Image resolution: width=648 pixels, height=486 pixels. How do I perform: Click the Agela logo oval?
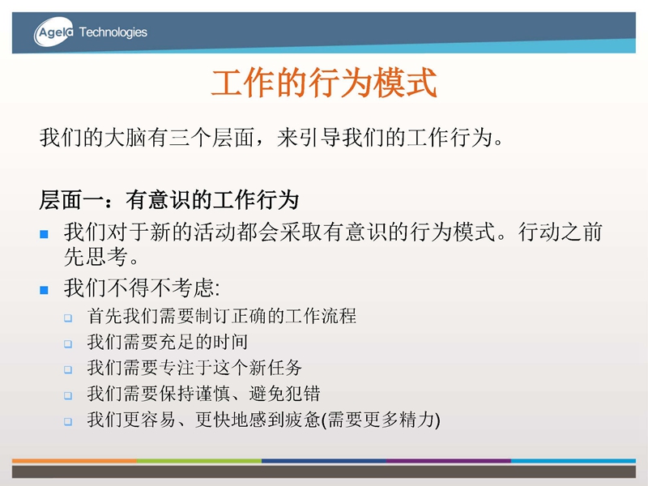click(x=53, y=32)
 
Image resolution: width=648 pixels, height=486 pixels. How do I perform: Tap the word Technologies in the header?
click(x=113, y=32)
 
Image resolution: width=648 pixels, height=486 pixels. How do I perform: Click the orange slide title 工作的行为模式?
click(x=324, y=83)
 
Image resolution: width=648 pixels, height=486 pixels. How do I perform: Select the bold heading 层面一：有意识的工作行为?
click(x=169, y=200)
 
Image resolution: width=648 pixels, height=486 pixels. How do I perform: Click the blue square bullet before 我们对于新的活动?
click(x=45, y=234)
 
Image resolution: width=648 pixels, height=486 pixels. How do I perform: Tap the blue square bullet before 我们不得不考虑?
click(x=45, y=290)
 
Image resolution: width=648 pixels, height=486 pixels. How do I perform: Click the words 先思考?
click(x=96, y=257)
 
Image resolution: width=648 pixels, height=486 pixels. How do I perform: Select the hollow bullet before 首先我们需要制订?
click(x=68, y=318)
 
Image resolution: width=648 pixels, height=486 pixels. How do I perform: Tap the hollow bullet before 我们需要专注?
click(x=68, y=369)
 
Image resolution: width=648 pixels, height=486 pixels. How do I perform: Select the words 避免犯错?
click(x=284, y=394)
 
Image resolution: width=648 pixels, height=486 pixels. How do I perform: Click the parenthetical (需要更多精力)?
click(x=381, y=420)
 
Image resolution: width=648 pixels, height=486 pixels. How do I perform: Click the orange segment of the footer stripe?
click(x=75, y=460)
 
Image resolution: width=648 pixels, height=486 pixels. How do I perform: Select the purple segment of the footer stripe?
click(x=449, y=460)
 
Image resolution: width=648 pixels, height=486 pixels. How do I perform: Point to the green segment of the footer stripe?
click(x=199, y=460)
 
